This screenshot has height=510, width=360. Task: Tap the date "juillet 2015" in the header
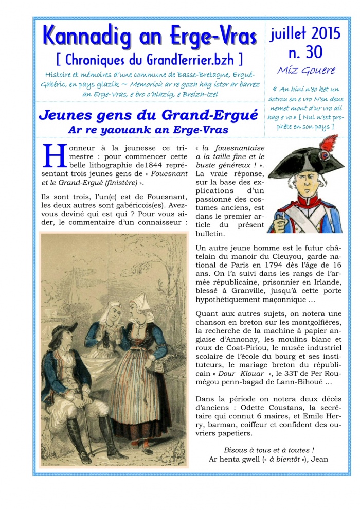tap(305, 33)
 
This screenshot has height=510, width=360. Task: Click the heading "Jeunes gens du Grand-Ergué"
tap(148, 115)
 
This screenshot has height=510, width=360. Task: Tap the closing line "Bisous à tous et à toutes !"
tap(268, 450)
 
